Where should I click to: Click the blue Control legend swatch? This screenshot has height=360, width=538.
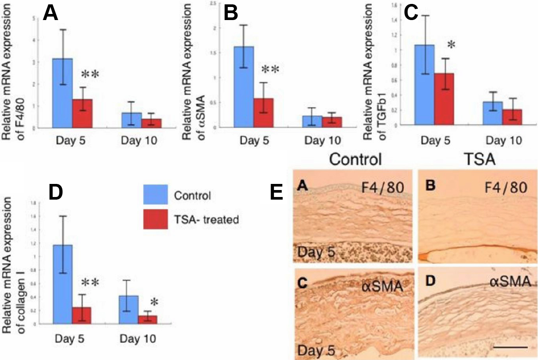coord(156,195)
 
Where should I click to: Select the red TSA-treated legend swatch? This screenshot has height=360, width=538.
coord(156,219)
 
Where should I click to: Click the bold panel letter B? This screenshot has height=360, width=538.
coord(230,14)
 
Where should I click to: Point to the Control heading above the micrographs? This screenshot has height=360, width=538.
coord(355,160)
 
